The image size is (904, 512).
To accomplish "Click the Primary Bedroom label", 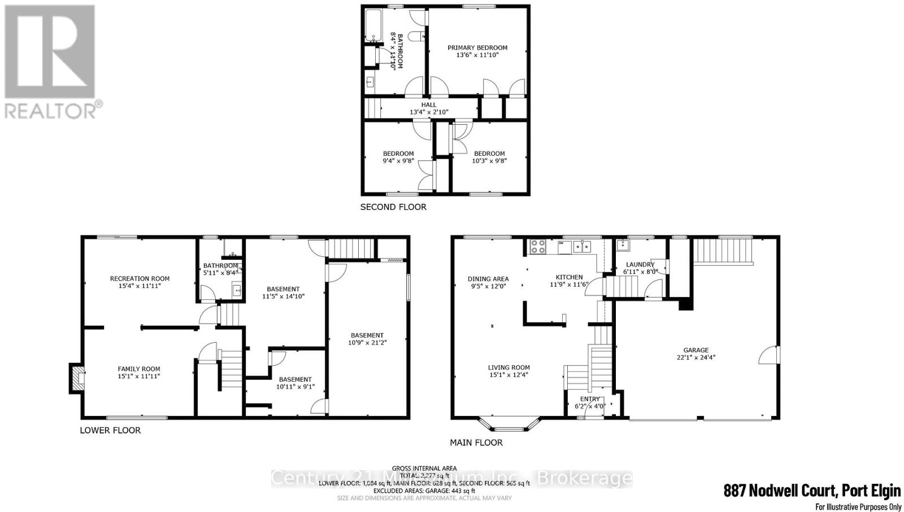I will tap(477, 48).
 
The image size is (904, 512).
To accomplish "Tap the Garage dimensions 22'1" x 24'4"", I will tap(696, 357).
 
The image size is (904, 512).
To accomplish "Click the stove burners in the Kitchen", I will tap(537, 247).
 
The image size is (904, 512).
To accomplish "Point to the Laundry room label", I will tap(640, 264).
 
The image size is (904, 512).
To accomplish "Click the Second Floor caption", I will tap(393, 207).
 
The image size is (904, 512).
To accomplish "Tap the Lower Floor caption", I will tap(110, 430).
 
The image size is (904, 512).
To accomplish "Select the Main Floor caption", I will tap(476, 443).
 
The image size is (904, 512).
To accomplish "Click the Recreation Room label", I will tap(140, 278).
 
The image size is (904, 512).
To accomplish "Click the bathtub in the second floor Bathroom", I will tap(373, 25).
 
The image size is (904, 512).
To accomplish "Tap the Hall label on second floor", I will tap(429, 104).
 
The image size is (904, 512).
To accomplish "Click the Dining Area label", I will tap(488, 279).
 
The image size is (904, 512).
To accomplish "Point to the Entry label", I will tap(590, 399).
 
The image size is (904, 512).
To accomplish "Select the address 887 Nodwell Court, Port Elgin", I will tap(812, 491).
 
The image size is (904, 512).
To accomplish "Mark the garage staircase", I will tap(723, 251).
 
